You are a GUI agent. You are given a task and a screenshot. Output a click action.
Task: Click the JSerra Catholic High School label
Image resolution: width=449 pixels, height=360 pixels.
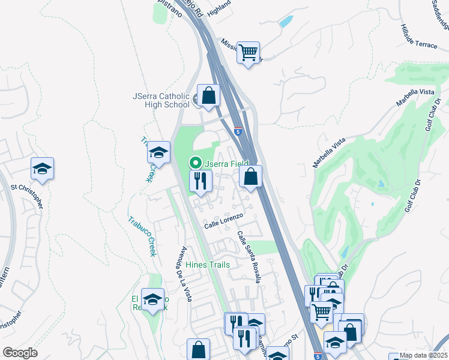(161, 100)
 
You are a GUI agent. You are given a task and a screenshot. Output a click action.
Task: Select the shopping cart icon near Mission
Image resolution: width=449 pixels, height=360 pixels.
(248, 52)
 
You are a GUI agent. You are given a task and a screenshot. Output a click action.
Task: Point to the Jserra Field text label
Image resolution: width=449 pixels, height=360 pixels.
(226, 163)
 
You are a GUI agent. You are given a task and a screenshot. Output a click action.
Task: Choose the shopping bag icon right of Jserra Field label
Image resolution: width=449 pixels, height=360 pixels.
(251, 177)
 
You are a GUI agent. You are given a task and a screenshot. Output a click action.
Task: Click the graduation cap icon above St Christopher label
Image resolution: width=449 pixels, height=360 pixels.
(43, 169)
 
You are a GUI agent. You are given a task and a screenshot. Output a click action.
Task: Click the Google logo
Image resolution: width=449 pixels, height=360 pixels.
(20, 353)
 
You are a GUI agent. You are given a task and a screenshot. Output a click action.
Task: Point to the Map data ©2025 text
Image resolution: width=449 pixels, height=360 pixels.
(423, 355)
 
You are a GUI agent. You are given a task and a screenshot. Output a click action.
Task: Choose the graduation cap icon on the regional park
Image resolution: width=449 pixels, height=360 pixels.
(153, 299)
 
